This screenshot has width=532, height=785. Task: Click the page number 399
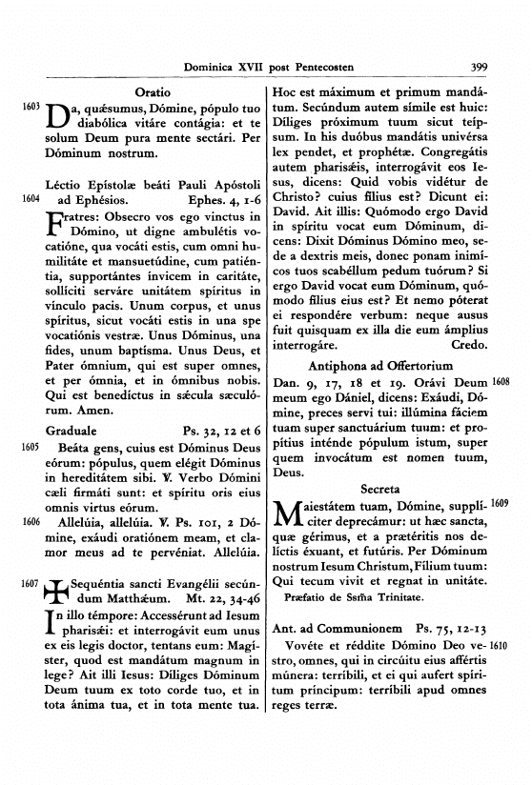[480, 68]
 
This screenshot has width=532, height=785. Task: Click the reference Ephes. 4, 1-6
[225, 200]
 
